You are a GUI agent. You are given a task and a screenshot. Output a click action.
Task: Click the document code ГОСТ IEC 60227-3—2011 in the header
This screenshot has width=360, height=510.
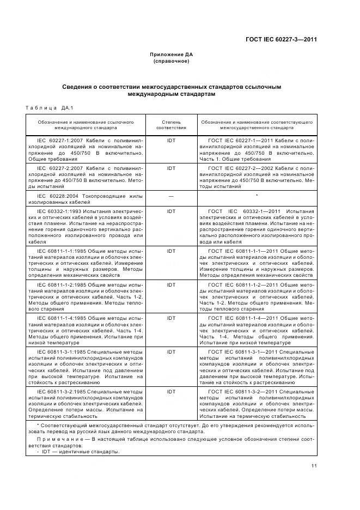coord(281,39)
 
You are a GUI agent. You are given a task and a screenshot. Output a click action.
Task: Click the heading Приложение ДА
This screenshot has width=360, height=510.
coord(171,54)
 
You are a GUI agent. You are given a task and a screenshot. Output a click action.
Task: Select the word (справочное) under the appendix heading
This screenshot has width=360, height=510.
coord(171,61)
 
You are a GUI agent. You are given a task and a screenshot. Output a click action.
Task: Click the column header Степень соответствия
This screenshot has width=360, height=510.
coord(171,125)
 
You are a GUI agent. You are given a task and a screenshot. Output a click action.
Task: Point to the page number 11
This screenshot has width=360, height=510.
coord(314,465)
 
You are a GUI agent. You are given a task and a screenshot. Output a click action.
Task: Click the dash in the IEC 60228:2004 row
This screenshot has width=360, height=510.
coord(171,195)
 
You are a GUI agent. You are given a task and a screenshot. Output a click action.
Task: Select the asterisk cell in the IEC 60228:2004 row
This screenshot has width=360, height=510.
coord(257,195)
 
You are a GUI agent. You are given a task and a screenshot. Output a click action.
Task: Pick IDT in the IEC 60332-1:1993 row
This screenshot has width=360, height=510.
coord(171,210)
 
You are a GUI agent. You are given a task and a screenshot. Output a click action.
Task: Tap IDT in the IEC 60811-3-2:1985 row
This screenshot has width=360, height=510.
coord(171,391)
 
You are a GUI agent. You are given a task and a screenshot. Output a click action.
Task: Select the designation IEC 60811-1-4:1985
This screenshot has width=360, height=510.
coord(62,317)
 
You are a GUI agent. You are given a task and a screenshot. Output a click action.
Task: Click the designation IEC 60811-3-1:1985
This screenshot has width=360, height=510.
coord(62,352)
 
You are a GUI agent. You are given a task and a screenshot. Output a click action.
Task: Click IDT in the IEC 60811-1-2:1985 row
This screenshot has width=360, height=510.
coord(171,284)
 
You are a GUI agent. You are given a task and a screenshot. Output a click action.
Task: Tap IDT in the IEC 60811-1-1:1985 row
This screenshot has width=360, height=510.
coord(171,251)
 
